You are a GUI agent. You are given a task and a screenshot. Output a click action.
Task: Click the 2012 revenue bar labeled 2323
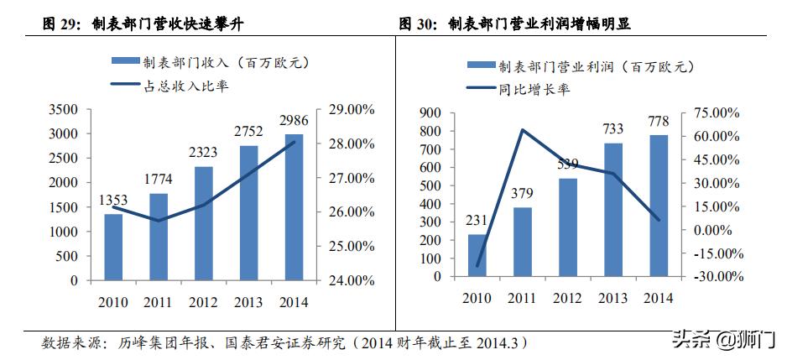click(x=204, y=223)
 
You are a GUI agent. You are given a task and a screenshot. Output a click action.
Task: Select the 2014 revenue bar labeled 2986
click(x=294, y=207)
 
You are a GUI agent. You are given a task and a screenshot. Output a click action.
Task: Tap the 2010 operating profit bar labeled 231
click(x=477, y=255)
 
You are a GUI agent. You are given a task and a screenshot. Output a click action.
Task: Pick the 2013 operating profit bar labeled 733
click(x=613, y=209)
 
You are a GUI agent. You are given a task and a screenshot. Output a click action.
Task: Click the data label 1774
click(x=159, y=179)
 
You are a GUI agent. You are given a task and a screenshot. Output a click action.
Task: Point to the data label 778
click(x=659, y=122)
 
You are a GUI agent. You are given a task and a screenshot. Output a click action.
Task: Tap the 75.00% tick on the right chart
click(x=711, y=113)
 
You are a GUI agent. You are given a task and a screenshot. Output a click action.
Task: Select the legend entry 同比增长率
click(x=534, y=88)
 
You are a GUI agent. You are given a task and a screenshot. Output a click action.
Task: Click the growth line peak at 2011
click(x=522, y=130)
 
